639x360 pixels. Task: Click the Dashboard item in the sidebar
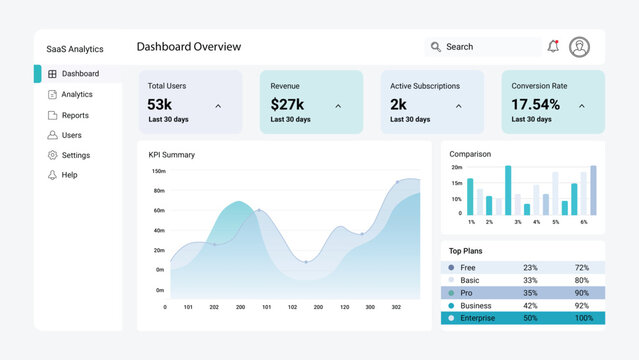pyautogui.click(x=79, y=74)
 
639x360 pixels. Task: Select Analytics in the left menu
pyautogui.click(x=76, y=95)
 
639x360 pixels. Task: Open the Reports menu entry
pyautogui.click(x=74, y=115)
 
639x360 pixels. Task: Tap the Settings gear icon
pyautogui.click(x=52, y=155)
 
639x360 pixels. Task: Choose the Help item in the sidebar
pyautogui.click(x=68, y=175)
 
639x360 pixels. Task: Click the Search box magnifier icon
pyautogui.click(x=435, y=47)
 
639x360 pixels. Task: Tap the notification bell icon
pyautogui.click(x=553, y=47)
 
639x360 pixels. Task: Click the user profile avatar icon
pyautogui.click(x=580, y=47)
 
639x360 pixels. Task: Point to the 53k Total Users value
pyautogui.click(x=159, y=104)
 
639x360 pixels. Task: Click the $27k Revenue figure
pyautogui.click(x=287, y=104)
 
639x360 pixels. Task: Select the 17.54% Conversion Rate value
pyautogui.click(x=535, y=104)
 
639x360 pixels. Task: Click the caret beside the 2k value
pyautogui.click(x=459, y=105)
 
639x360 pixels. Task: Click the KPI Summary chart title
pyautogui.click(x=171, y=155)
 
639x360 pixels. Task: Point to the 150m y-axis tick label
pyautogui.click(x=158, y=171)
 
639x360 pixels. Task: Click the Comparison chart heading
pyautogui.click(x=470, y=154)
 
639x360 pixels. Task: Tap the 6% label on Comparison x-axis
pyautogui.click(x=583, y=222)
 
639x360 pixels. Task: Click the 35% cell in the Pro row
pyautogui.click(x=530, y=293)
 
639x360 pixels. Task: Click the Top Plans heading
pyautogui.click(x=465, y=251)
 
